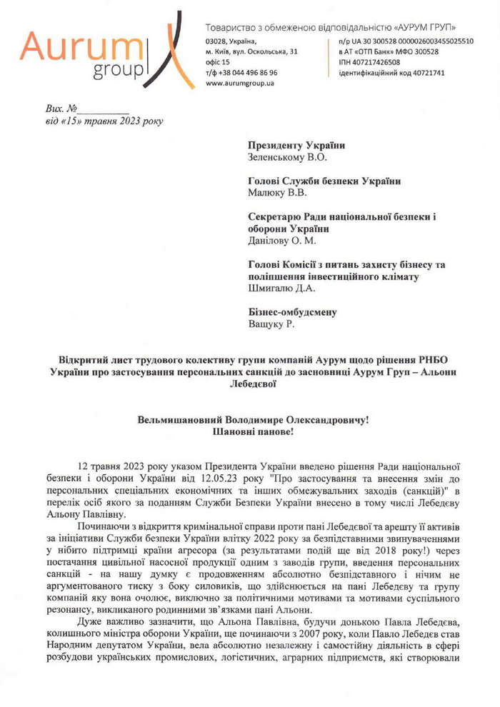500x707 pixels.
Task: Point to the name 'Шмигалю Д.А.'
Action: point(280,288)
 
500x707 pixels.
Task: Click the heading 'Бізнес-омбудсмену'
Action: point(292,312)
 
